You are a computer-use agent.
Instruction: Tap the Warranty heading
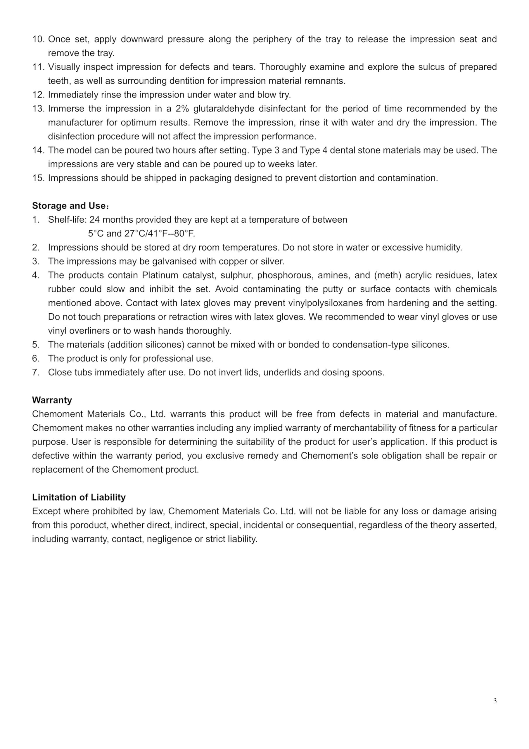tap(52, 400)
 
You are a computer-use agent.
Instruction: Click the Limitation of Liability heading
tap(79, 497)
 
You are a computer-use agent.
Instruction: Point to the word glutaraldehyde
tap(224, 109)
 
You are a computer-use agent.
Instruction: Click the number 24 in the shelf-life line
tap(94, 219)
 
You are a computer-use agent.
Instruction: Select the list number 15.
tap(38, 178)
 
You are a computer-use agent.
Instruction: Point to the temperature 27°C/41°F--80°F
tap(160, 233)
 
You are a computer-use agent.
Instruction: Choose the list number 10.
tap(38, 39)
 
